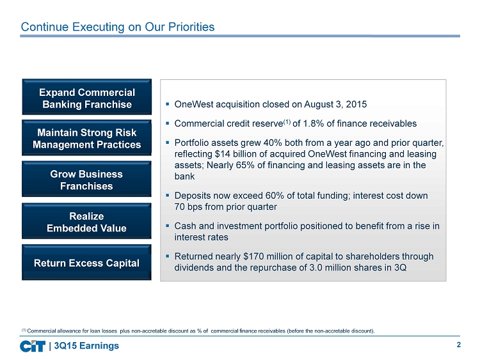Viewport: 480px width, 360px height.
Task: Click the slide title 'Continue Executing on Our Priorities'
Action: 118,27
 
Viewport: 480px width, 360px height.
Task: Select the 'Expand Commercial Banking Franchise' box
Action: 87,97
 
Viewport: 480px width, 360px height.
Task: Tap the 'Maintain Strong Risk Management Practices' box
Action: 86,137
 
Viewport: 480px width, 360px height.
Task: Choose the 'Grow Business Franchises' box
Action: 86,179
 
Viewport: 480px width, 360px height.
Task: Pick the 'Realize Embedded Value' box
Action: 86,221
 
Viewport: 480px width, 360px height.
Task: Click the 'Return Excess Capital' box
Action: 86,262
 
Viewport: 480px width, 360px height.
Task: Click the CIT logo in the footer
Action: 33,346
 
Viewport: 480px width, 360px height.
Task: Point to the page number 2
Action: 459,345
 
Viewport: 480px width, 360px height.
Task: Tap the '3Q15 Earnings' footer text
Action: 86,346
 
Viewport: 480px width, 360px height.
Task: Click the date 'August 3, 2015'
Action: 335,104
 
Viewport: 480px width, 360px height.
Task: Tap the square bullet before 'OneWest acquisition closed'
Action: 168,104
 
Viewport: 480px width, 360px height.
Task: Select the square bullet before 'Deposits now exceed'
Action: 168,196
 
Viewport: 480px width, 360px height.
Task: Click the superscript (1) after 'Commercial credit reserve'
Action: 287,121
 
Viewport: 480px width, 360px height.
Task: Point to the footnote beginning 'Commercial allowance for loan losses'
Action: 198,331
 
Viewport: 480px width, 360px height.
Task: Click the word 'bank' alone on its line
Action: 184,176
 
